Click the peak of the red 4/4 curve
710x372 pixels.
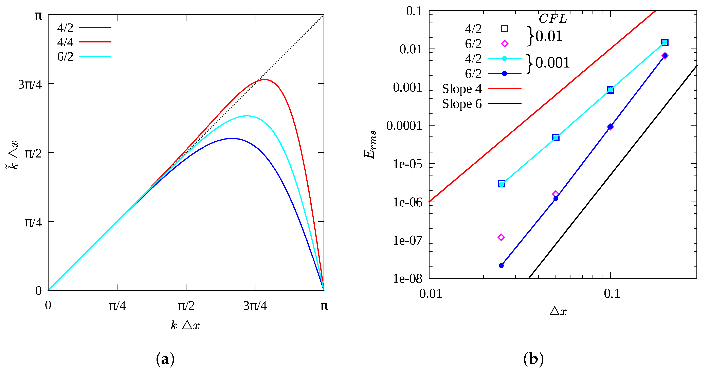click(265, 80)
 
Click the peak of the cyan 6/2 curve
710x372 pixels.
click(247, 116)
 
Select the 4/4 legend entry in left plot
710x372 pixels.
click(65, 42)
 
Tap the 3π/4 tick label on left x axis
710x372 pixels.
click(255, 306)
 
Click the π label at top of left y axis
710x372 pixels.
click(38, 16)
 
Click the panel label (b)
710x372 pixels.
click(533, 359)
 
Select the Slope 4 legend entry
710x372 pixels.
click(462, 89)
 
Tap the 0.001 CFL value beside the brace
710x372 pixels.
click(552, 63)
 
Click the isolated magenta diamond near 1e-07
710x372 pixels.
click(501, 237)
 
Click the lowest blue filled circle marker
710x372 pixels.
click(501, 266)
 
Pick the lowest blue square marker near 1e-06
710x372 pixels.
click(501, 184)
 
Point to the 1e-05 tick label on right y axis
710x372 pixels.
click(407, 164)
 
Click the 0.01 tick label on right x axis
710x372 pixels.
click(431, 294)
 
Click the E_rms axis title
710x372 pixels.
click(370, 145)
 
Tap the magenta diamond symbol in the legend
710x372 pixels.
click(504, 43)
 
